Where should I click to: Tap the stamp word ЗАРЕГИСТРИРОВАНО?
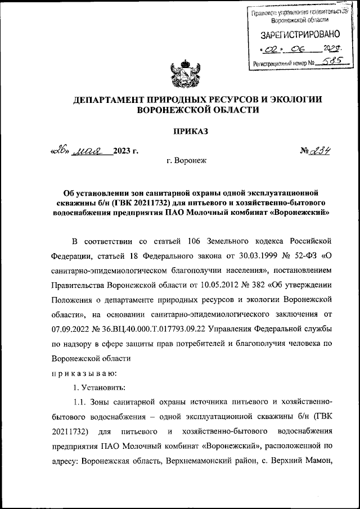click(x=297, y=35)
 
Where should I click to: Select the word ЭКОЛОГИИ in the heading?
click(x=294, y=100)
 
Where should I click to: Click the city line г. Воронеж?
click(x=187, y=161)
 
